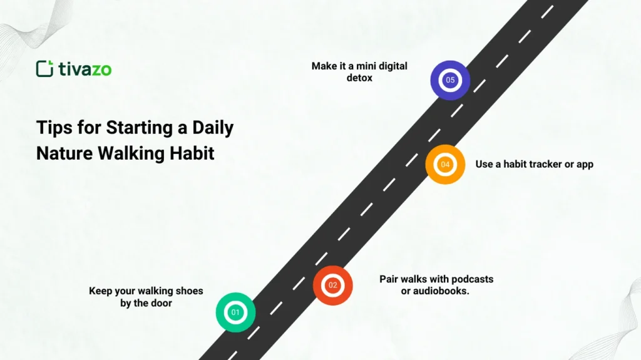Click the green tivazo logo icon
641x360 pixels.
coord(44,69)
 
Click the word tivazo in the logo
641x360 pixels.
coord(85,69)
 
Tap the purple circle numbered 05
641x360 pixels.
coord(450,80)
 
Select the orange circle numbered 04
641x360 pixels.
coord(445,165)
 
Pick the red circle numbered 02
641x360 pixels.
coord(332,285)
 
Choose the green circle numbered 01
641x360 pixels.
coord(235,312)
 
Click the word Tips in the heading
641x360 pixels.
coord(52,128)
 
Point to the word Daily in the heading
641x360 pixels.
coord(213,128)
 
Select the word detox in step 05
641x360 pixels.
coord(359,78)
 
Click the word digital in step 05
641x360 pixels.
coord(391,66)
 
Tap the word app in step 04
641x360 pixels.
coord(584,165)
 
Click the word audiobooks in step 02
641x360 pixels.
coord(441,291)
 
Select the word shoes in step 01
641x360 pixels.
coord(190,291)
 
